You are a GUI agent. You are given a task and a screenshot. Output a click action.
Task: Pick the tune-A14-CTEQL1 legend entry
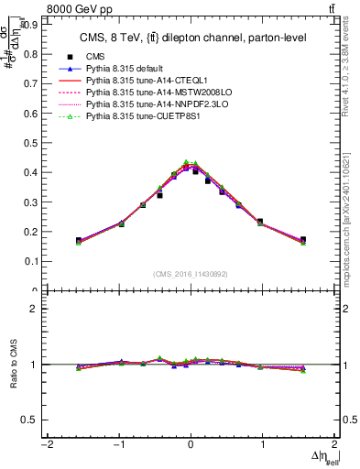tap(144, 82)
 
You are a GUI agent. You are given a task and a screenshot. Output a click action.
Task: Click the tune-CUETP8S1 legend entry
tap(136, 117)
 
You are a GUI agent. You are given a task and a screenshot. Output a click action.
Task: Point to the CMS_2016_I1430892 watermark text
tap(191, 273)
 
